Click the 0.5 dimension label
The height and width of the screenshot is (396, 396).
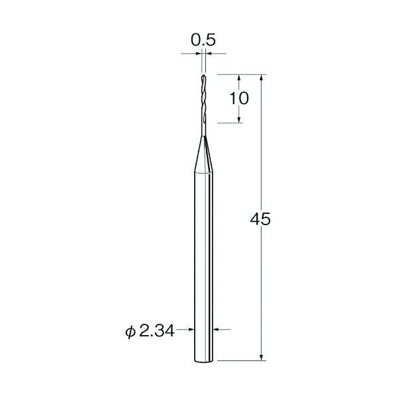click(203, 40)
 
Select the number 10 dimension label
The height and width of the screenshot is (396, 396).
click(239, 98)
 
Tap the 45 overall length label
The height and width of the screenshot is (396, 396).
click(260, 219)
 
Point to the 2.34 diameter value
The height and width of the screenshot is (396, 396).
click(156, 331)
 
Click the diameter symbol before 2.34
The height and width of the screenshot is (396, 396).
click(130, 332)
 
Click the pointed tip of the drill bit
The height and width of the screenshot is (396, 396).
click(203, 75)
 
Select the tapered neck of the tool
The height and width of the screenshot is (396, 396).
click(204, 154)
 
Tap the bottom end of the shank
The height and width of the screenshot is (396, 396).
click(204, 362)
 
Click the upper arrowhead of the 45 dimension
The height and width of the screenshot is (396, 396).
click(262, 77)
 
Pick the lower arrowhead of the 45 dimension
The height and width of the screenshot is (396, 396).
click(262, 357)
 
